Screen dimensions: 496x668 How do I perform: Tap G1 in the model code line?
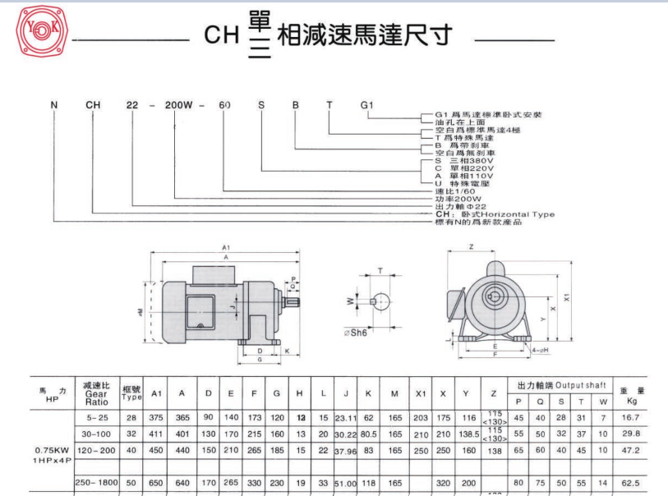366,105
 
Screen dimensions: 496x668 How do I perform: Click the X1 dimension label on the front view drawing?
575,300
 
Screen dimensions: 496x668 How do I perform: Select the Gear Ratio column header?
95,395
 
